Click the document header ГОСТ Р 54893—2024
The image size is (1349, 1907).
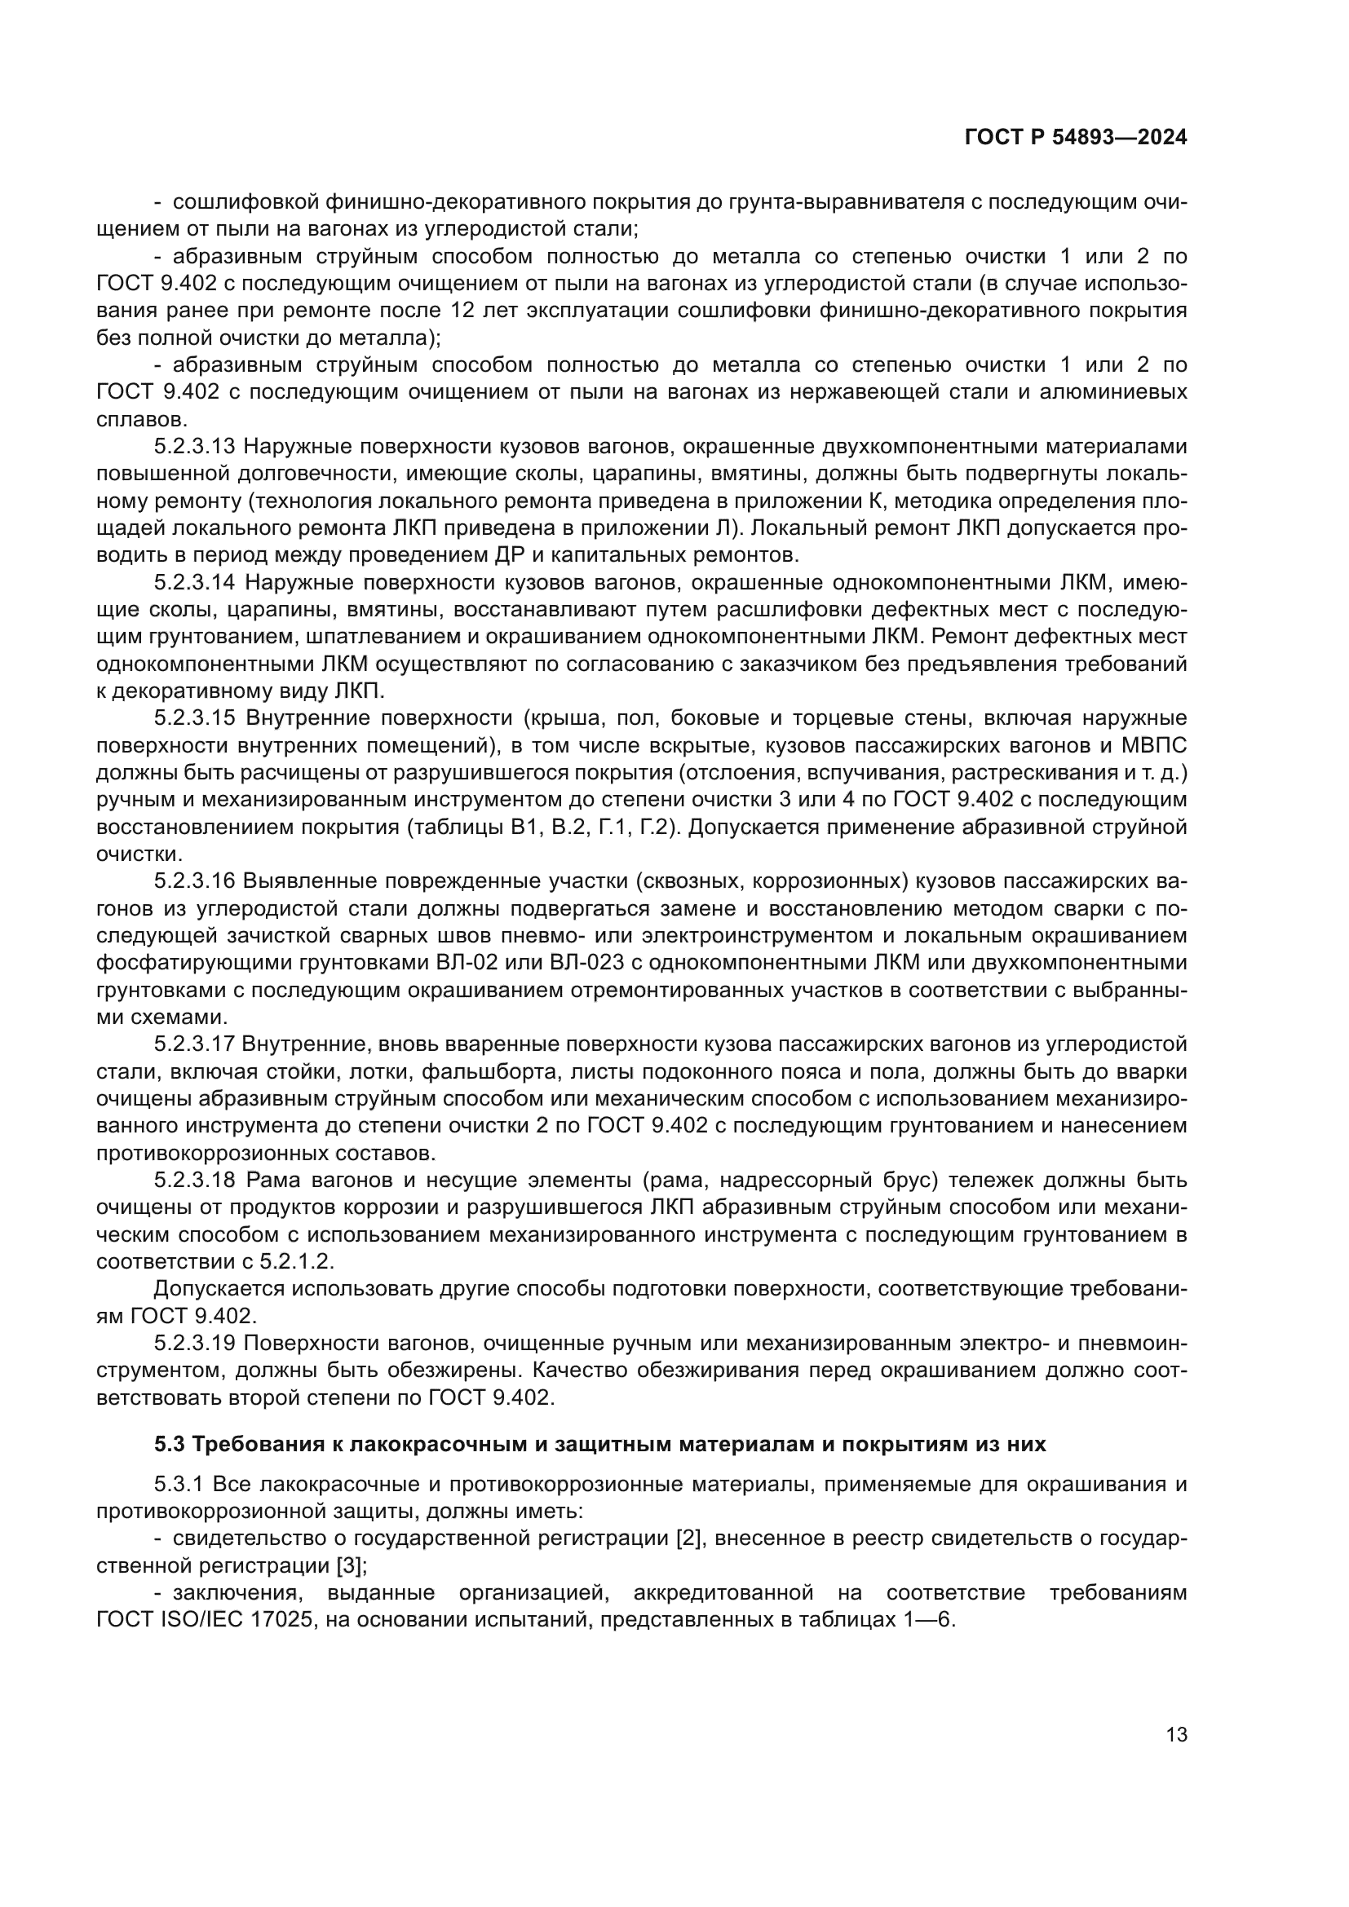1075,138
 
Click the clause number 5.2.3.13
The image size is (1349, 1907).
195,447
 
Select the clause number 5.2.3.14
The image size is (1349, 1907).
195,583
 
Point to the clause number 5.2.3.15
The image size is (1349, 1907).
195,718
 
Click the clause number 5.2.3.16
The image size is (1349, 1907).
195,881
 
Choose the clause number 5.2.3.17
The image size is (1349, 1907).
195,1044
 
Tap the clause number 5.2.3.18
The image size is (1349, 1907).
195,1181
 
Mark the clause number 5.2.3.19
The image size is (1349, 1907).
195,1343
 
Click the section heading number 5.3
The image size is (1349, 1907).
170,1445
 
